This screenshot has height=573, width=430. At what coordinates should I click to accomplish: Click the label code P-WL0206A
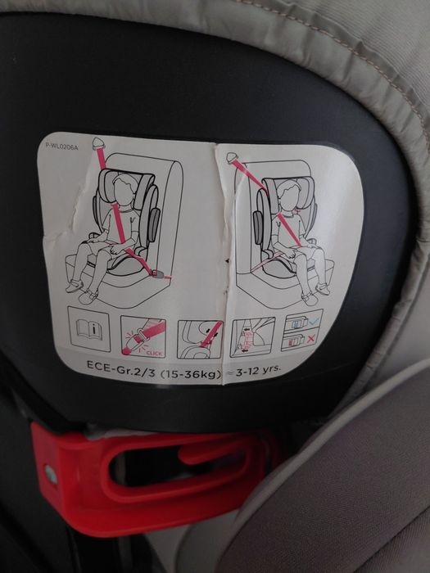61,146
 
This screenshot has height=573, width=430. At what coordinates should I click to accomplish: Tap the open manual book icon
88,329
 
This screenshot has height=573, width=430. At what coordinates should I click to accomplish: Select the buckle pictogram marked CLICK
143,336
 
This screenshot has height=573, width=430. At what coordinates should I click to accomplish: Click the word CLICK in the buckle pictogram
154,353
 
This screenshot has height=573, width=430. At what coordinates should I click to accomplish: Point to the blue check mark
314,322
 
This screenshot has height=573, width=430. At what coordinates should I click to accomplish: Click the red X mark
310,340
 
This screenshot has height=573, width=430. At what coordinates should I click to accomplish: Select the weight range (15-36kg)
191,373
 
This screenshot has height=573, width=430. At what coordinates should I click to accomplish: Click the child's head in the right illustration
290,195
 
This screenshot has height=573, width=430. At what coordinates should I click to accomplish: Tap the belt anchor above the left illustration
99,143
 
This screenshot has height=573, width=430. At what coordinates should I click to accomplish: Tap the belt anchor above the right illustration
232,157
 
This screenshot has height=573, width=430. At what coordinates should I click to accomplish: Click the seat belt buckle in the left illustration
158,273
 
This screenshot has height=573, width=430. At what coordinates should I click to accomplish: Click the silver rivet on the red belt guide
51,474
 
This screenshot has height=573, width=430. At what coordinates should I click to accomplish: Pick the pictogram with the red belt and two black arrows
200,339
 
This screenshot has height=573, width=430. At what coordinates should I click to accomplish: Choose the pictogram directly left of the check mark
252,336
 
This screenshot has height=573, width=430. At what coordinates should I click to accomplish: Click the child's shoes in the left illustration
83,291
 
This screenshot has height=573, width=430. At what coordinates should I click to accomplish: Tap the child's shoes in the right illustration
315,293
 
